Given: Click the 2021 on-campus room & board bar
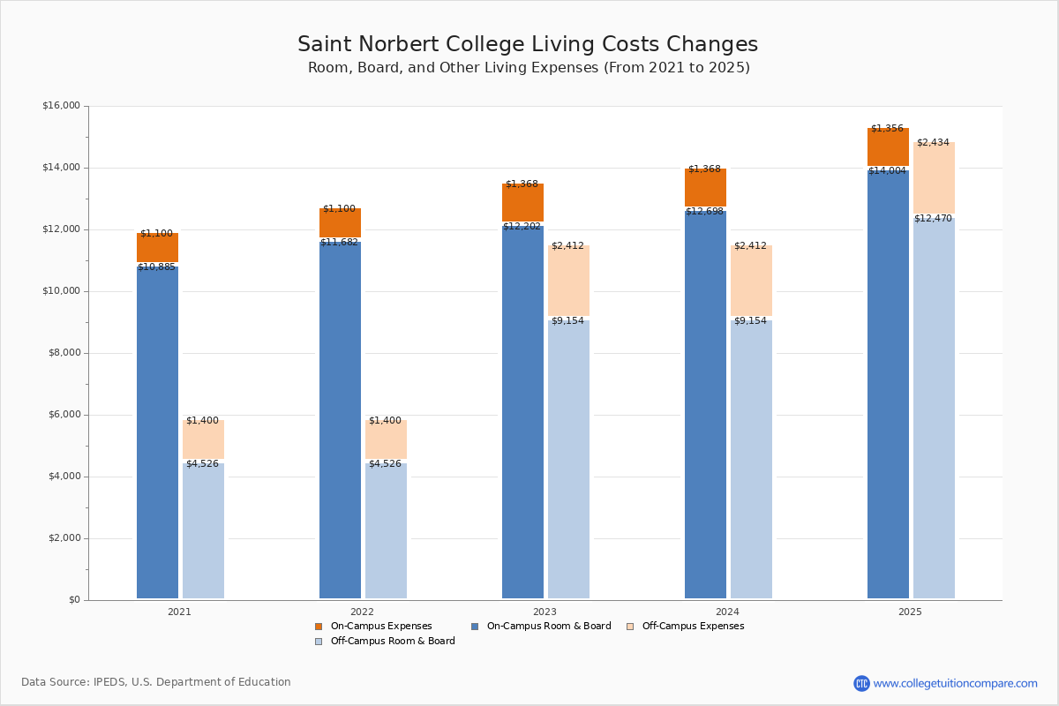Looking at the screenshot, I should (157, 432).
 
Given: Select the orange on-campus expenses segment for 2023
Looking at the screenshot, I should (522, 203).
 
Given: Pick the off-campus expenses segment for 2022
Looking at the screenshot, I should (386, 439).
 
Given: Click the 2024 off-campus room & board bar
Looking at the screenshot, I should (751, 459).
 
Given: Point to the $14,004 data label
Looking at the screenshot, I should (887, 171).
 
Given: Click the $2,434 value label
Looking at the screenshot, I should (933, 143).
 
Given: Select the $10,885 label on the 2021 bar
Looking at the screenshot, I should (156, 267).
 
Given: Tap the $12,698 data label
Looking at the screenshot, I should (704, 212).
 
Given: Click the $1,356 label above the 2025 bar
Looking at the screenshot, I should (887, 129).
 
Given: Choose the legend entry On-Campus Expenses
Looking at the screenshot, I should (380, 627).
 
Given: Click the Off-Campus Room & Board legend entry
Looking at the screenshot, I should (392, 642).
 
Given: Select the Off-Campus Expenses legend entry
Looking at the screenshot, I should (692, 627).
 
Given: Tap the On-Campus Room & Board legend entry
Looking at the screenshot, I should (548, 627).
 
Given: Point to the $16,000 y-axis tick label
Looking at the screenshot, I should (61, 106).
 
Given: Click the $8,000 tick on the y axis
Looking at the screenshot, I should (64, 353).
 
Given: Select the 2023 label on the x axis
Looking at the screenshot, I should (545, 612).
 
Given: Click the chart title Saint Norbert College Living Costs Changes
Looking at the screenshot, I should (528, 45).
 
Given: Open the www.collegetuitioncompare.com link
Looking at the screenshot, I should (955, 683).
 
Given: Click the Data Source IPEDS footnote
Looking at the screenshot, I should (156, 682).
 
